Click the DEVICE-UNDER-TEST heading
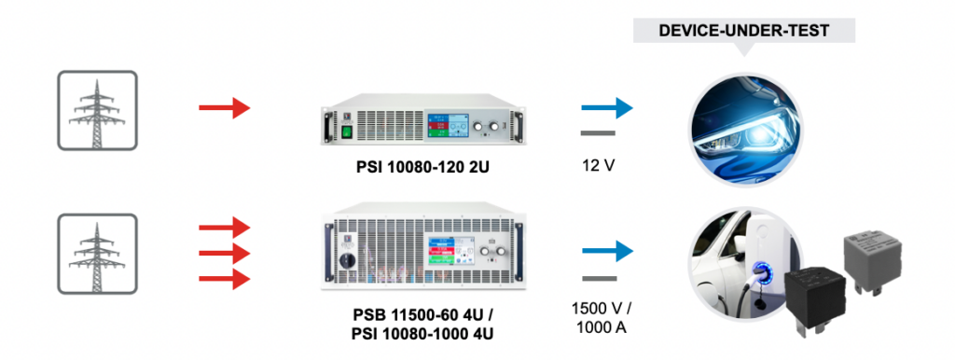[743, 30]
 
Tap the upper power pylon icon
[97, 110]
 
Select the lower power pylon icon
[97, 253]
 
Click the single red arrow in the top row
[225, 109]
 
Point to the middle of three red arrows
[225, 253]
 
